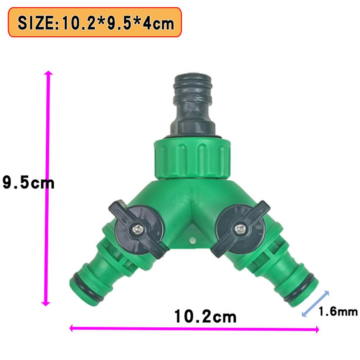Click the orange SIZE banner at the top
click(x=94, y=23)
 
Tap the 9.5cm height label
click(x=28, y=183)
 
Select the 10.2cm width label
click(x=206, y=317)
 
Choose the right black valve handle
click(x=239, y=229)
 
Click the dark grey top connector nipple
click(x=193, y=104)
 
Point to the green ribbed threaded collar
click(x=192, y=158)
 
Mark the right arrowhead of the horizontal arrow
click(x=316, y=329)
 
